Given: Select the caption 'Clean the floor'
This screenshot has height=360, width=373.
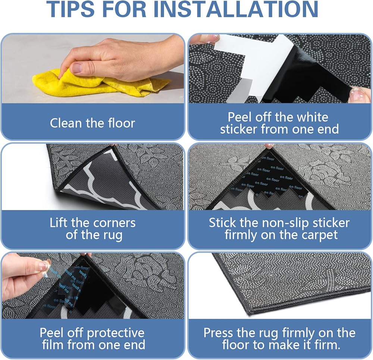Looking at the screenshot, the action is (x=92, y=123).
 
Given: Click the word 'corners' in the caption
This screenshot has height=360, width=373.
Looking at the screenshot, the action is (x=115, y=223).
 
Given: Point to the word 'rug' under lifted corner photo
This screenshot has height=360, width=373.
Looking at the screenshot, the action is (x=113, y=235).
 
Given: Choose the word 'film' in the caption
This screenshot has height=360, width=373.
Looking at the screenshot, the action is (x=53, y=345).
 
